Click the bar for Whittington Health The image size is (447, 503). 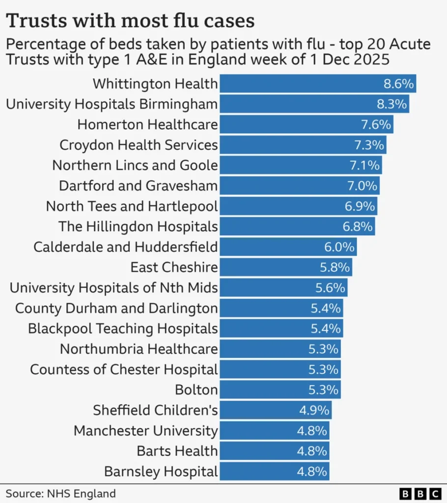(x=317, y=84)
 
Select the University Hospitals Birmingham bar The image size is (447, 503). (x=314, y=104)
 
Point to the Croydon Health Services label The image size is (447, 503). (x=139, y=145)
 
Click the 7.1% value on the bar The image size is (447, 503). (x=364, y=166)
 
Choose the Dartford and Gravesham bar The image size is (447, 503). (x=299, y=186)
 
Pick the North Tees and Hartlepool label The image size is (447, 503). (x=132, y=206)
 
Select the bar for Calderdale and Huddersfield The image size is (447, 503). (x=288, y=247)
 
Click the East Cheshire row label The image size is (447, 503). (x=174, y=268)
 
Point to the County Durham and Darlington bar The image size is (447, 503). (x=281, y=308)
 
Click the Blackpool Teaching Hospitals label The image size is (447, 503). (x=123, y=329)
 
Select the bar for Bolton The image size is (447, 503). (x=279, y=390)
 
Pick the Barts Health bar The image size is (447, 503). (x=274, y=451)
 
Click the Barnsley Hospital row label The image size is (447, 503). (x=161, y=472)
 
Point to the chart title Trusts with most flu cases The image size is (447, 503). (x=130, y=21)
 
